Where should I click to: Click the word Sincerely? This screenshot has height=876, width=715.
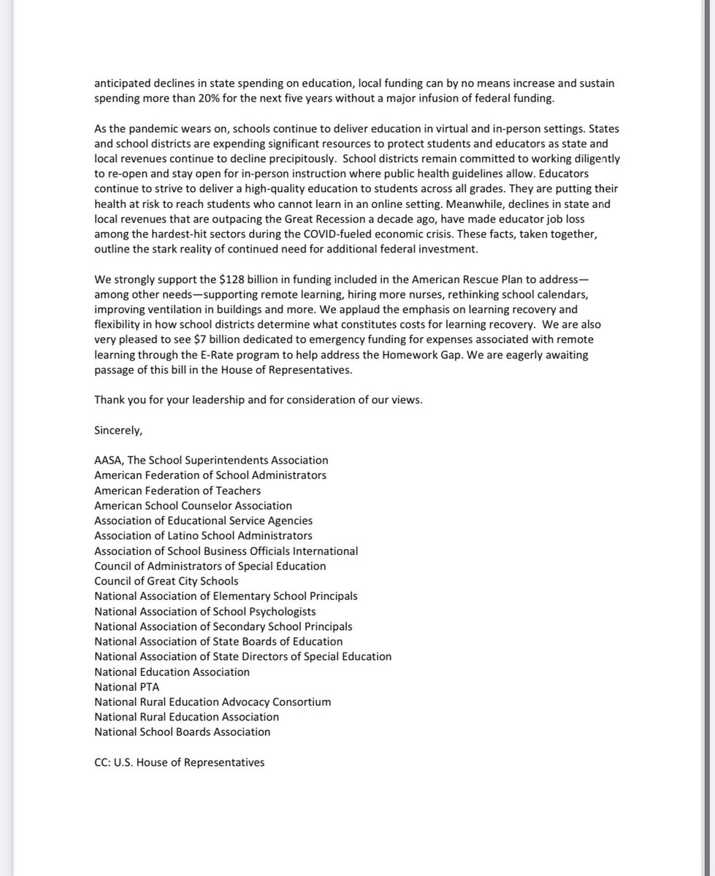pos(118,430)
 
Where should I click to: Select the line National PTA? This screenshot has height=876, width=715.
pos(126,686)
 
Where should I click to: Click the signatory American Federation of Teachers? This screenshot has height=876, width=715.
pos(177,491)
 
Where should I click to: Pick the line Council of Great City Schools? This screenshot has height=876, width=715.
pos(166,581)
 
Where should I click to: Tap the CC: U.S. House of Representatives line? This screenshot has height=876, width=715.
pos(179,762)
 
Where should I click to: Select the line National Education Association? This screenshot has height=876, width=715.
pos(172,672)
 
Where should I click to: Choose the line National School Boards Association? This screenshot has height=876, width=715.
pos(182,731)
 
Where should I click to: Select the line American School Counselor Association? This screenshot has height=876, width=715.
pos(193,505)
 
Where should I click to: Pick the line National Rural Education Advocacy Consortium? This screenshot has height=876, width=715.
pos(213,702)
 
